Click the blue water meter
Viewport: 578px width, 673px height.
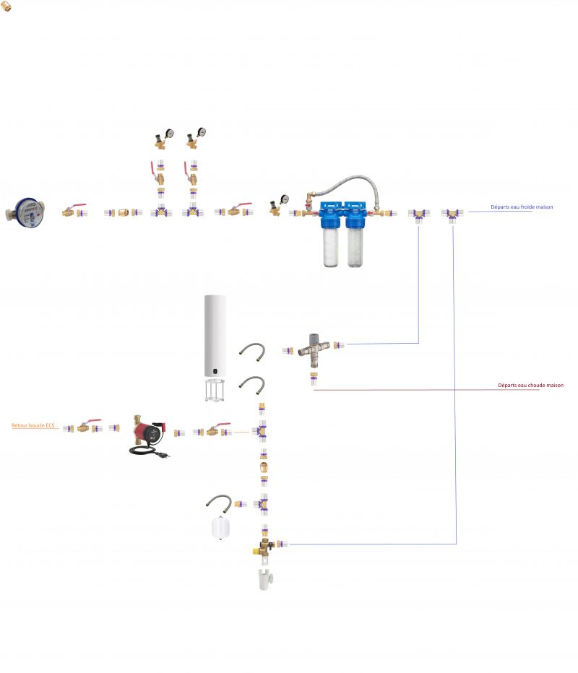coord(26,212)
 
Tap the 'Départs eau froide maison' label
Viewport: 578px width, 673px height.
coord(522,207)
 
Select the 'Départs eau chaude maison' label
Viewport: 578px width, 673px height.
coord(530,385)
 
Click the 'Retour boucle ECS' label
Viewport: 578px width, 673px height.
coord(33,425)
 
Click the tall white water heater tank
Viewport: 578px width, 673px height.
coord(215,336)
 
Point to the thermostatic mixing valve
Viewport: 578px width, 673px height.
coord(314,349)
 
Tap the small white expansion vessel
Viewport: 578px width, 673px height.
coord(220,528)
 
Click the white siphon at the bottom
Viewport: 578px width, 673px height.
coord(265,579)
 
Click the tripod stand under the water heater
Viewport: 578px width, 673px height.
coord(215,390)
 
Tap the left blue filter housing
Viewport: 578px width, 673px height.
coord(331,234)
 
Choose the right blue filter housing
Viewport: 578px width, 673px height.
coord(356,234)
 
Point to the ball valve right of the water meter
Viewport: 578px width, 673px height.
coord(74,210)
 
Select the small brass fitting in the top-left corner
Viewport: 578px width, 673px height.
coord(6,6)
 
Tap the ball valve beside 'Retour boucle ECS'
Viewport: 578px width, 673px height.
coord(89,426)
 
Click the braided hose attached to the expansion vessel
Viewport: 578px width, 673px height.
coord(219,502)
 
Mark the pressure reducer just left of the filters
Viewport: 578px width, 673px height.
coord(278,205)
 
